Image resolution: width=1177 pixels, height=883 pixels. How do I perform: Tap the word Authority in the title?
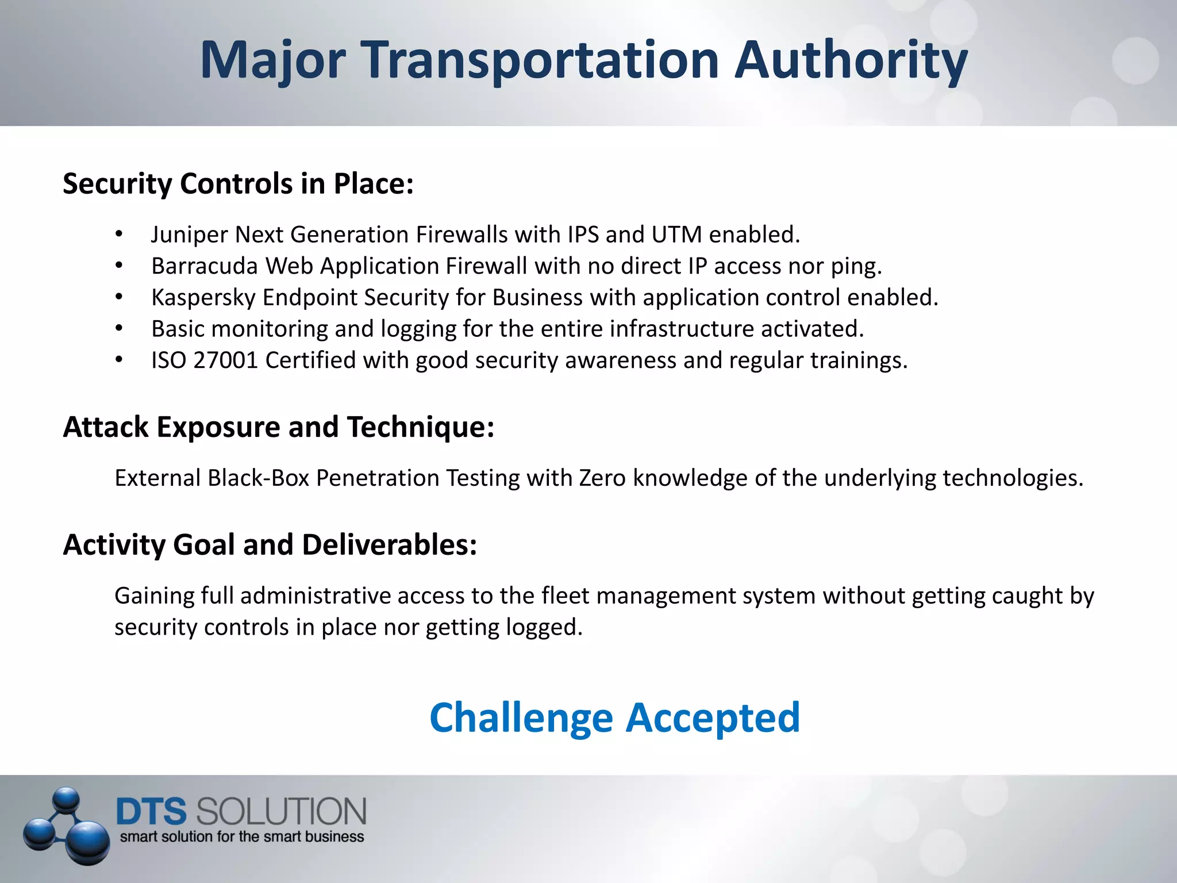[851, 61]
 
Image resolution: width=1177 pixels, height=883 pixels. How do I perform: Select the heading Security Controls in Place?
[238, 184]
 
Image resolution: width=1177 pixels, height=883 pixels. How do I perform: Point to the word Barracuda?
[204, 266]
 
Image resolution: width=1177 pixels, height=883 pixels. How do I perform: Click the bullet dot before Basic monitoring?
[119, 329]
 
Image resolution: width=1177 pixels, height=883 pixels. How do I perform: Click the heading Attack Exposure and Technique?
[278, 427]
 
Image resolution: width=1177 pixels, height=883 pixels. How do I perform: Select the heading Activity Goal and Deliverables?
[270, 545]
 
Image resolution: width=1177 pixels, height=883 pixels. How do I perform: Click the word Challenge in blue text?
[521, 719]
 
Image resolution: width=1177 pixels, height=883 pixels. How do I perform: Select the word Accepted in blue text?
[713, 719]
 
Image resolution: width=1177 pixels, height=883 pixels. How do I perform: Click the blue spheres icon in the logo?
[66, 826]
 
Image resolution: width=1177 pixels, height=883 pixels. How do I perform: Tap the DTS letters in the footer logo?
[151, 812]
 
